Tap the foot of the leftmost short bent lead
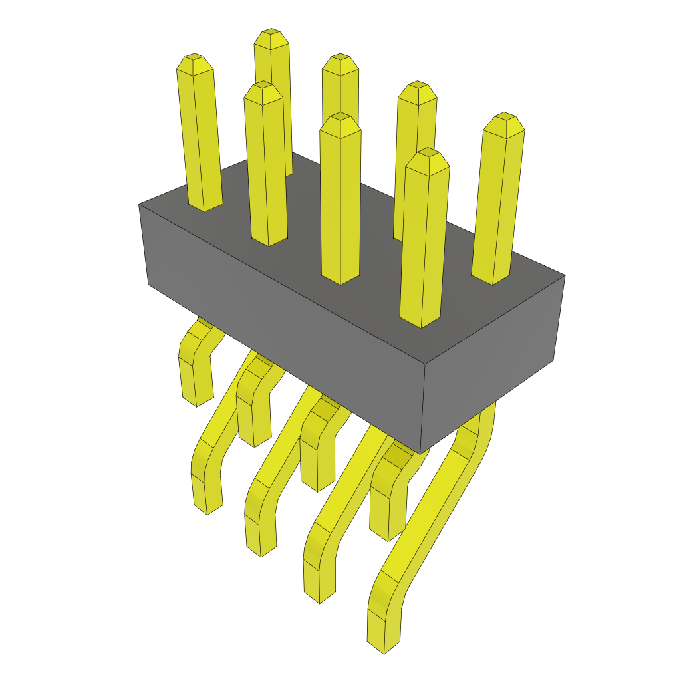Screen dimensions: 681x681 [x=196, y=399]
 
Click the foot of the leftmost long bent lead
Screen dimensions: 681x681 [x=207, y=508]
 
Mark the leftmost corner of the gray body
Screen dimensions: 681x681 [x=139, y=204]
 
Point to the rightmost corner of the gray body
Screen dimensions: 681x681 [x=565, y=275]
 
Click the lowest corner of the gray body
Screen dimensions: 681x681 [x=422, y=454]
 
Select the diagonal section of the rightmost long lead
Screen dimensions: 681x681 [x=439, y=505]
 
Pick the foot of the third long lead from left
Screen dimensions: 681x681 [x=319, y=596]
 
